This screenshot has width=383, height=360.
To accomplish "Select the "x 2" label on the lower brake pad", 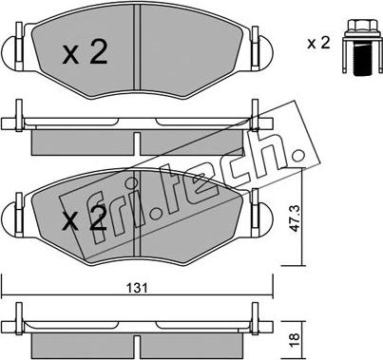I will (x=84, y=222).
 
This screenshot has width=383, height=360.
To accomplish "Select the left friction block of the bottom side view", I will (x=81, y=340).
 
